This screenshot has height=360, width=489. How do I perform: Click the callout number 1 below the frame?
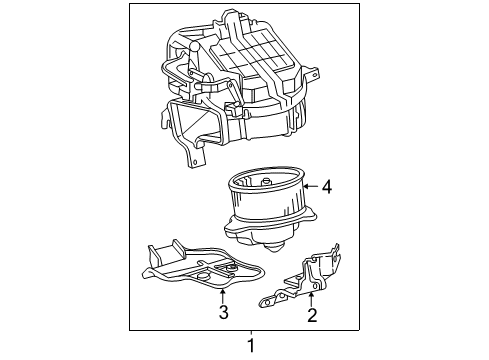click(251, 345)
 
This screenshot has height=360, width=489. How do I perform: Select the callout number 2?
click(312, 315)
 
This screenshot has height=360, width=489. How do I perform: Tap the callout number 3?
click(223, 312)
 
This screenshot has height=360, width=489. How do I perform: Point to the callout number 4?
click(327, 187)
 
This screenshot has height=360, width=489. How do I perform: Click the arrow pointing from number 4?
click(311, 186)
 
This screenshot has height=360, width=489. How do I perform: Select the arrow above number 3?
click(222, 296)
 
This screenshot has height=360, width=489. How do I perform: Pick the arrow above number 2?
click(311, 299)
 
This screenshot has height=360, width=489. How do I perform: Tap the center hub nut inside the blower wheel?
click(266, 182)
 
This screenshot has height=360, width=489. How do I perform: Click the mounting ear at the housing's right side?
click(312, 74)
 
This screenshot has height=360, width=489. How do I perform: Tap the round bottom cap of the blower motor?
click(274, 247)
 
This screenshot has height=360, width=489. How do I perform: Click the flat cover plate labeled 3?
click(203, 266)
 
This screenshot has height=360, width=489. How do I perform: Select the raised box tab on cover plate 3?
click(168, 252)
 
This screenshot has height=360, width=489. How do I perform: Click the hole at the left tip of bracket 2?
click(266, 303)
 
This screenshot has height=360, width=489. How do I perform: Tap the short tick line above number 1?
click(251, 333)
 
